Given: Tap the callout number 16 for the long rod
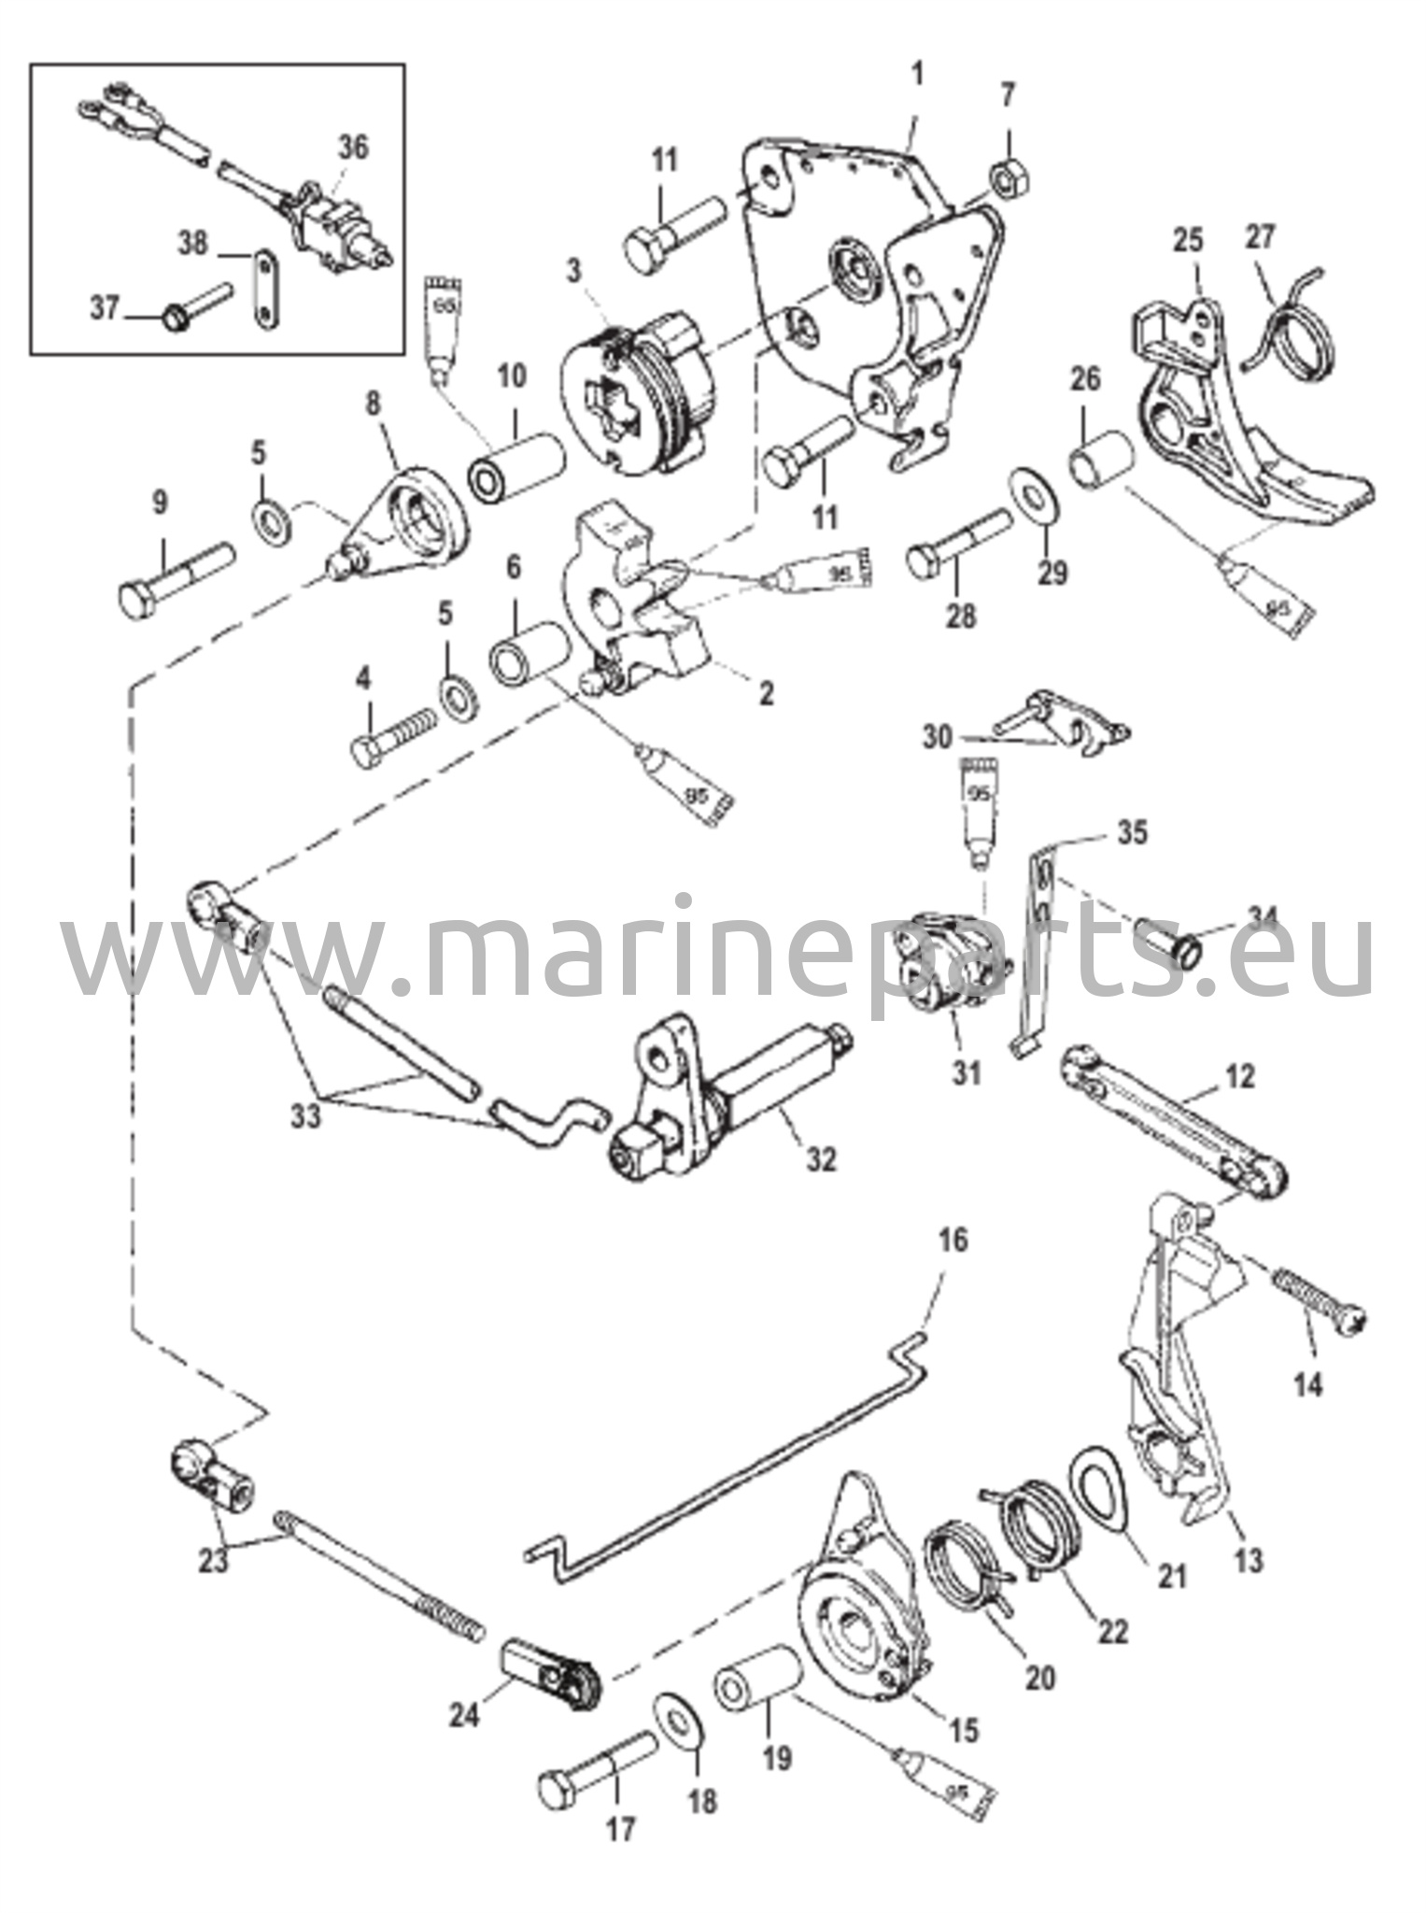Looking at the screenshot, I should click(x=953, y=1240).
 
